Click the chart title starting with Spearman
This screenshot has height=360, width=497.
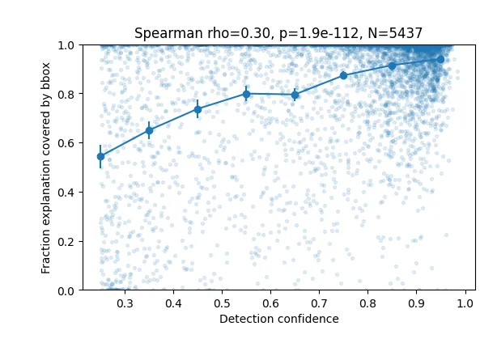coord(278,33)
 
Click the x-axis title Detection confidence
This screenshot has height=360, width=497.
coord(278,319)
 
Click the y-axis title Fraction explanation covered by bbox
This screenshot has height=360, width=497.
coord(46,167)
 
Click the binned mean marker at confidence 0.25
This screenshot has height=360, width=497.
coord(100,156)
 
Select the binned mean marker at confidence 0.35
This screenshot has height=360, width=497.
coord(149,130)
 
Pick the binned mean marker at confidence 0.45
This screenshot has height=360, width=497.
coord(198,109)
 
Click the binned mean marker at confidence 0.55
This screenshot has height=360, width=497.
coord(246,94)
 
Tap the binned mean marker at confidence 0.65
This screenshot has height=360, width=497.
coord(295,95)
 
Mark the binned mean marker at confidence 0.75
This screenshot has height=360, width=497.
coord(343,75)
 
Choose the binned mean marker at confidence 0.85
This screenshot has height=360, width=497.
coord(392,66)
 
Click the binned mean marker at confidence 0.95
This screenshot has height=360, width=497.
coord(440,59)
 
